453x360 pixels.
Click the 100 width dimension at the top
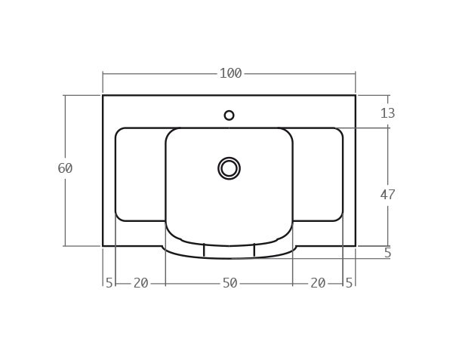230,73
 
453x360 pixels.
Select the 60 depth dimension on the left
65,168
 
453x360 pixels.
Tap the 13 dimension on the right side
387,113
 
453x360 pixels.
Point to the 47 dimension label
387,195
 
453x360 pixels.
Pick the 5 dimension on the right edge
387,254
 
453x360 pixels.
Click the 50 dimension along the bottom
230,283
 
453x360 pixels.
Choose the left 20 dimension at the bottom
140,283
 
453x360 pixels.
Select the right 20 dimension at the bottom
318,283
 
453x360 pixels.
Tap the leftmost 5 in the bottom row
109,283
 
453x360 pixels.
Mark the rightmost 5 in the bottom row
349,283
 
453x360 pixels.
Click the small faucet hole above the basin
229,115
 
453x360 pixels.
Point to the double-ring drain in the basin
229,168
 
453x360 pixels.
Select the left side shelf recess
140,174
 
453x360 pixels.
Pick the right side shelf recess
318,174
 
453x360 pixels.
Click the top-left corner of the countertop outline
103,95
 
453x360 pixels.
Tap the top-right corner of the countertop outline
355,95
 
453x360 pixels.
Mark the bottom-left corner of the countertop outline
103,245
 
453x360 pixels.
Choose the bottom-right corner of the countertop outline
355,245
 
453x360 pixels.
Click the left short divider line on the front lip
204,251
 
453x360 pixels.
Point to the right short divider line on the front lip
254,251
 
